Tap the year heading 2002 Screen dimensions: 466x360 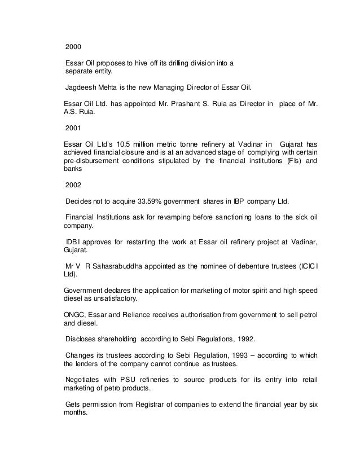point(73,184)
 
